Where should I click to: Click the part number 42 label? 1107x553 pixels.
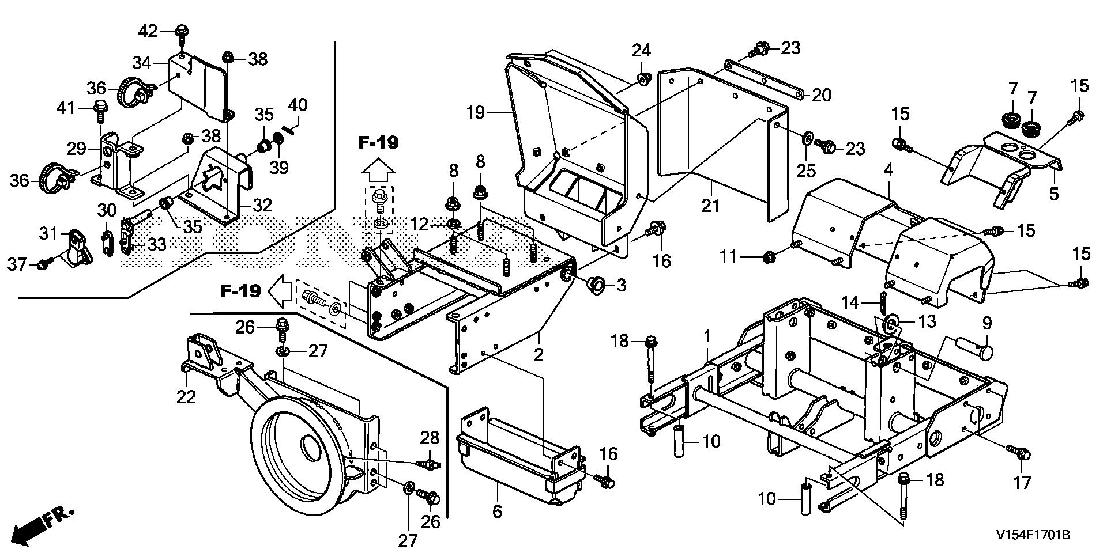click(x=148, y=31)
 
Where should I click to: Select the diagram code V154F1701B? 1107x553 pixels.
click(x=1033, y=535)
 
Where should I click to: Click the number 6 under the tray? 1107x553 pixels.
click(x=497, y=510)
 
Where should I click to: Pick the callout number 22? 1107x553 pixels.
click(x=186, y=396)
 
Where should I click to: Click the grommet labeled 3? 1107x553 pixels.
click(x=596, y=284)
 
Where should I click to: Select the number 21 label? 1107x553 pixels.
click(x=710, y=204)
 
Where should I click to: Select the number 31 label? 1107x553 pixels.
click(x=49, y=233)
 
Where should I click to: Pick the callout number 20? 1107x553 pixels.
click(x=821, y=95)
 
